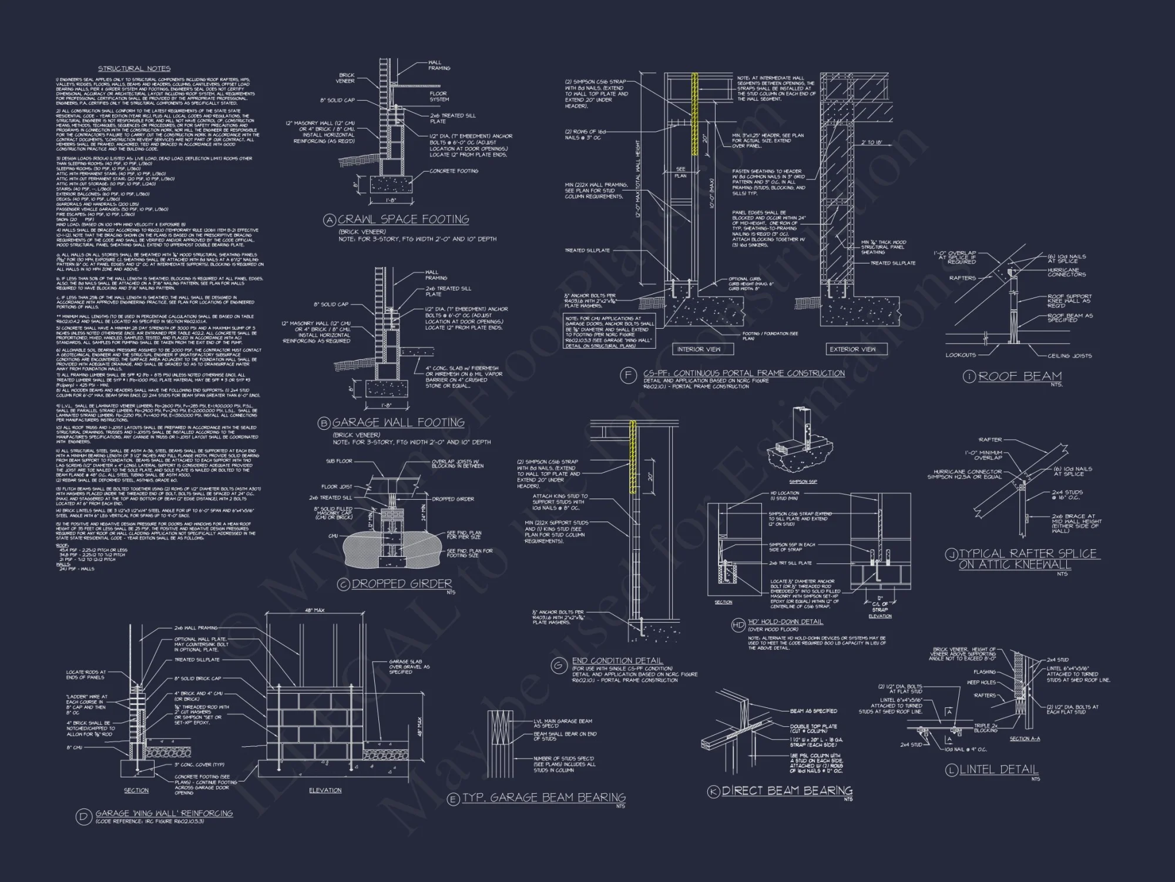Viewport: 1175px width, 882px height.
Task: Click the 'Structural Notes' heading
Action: [134, 69]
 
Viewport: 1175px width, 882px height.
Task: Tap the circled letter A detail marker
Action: [330, 220]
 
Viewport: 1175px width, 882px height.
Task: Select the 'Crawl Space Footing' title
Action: [403, 219]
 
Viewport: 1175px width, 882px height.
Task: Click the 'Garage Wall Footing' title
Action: [398, 422]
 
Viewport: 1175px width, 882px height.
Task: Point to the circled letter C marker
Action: [344, 584]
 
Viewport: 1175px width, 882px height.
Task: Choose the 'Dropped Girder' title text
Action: [402, 583]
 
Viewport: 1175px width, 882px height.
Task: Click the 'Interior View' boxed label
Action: [699, 349]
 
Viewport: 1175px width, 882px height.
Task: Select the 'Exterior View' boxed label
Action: [852, 349]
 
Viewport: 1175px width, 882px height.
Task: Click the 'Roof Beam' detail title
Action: [1020, 376]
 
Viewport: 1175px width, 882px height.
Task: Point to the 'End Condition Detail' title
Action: [617, 660]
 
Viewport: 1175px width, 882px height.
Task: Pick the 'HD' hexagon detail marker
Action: [738, 624]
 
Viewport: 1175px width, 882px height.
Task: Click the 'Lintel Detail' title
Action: [999, 769]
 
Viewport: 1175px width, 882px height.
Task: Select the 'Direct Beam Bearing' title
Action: [787, 791]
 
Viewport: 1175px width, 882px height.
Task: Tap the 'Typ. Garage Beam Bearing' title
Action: [544, 797]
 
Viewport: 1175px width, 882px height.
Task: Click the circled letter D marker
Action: [83, 816]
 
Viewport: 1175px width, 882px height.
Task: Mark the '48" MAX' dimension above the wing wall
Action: [315, 610]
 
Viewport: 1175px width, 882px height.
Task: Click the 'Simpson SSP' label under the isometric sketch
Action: [804, 482]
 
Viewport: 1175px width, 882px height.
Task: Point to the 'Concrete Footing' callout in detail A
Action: [454, 171]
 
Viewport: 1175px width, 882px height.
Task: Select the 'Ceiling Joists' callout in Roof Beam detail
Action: [1069, 356]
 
